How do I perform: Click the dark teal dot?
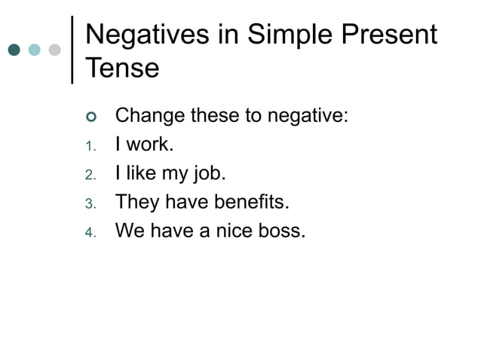(15, 50)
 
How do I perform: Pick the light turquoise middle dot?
(35, 50)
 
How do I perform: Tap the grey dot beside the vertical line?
(54, 50)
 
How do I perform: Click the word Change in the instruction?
(149, 117)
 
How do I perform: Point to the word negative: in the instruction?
(308, 117)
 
